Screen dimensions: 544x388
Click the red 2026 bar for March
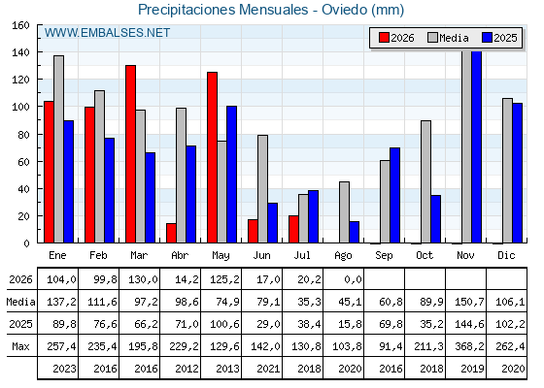click(130, 154)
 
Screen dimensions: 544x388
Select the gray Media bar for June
click(262, 189)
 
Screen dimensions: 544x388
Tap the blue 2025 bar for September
click(394, 195)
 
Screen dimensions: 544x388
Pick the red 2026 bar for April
click(171, 233)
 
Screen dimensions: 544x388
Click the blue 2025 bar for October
click(436, 219)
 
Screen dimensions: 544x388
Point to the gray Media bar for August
click(344, 212)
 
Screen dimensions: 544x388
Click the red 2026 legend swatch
click(384, 38)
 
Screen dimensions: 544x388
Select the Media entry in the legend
click(448, 38)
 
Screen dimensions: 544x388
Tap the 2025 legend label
click(505, 38)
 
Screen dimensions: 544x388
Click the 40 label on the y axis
click(23, 189)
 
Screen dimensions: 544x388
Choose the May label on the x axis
click(221, 256)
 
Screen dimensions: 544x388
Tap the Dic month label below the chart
click(506, 255)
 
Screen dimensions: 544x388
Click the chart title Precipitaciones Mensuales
click(223, 10)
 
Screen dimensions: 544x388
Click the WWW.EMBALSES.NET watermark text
click(107, 33)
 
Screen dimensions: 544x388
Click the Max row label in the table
click(20, 346)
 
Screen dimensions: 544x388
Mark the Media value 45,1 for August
click(350, 302)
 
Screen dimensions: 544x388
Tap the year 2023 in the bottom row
click(64, 369)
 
